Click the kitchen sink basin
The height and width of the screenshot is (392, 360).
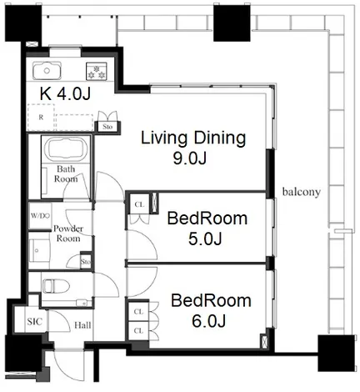(x=47, y=71)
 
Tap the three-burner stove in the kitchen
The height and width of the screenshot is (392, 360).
(x=97, y=72)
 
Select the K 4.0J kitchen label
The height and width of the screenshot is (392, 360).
(x=65, y=94)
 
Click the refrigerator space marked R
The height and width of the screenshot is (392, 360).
(x=41, y=118)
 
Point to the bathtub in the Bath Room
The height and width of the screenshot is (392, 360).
(x=66, y=149)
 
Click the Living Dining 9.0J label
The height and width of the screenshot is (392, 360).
(x=193, y=148)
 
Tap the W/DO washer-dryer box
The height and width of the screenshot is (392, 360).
(x=41, y=216)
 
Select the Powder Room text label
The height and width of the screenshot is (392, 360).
(x=68, y=234)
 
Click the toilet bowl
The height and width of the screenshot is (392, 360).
(x=56, y=286)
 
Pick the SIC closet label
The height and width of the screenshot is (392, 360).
(x=35, y=322)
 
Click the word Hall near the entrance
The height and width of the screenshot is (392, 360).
(x=82, y=325)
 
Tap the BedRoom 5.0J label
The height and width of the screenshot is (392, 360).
(x=207, y=229)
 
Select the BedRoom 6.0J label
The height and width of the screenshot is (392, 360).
(x=211, y=311)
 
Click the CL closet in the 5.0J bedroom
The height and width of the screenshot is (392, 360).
(x=139, y=204)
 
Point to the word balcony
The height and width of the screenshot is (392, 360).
(x=302, y=192)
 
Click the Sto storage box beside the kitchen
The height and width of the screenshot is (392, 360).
(x=107, y=127)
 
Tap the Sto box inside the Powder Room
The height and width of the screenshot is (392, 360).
(x=86, y=262)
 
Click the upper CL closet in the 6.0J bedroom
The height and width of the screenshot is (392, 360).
(x=138, y=312)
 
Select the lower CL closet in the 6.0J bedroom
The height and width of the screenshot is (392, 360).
(x=138, y=330)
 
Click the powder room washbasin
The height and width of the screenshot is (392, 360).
(x=36, y=250)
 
